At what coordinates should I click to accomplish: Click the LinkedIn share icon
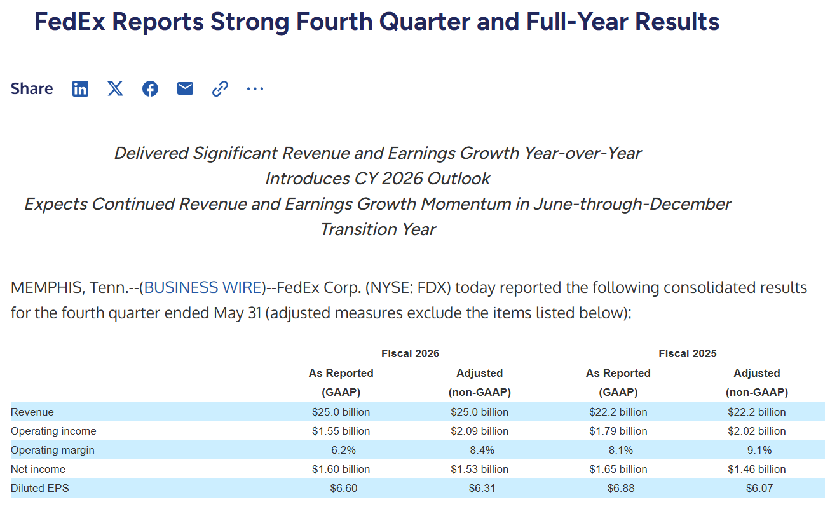(x=80, y=88)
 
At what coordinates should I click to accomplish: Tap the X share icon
(x=115, y=88)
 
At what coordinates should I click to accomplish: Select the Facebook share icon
(x=150, y=88)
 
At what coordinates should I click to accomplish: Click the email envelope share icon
(x=185, y=88)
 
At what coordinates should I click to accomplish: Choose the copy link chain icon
(x=220, y=88)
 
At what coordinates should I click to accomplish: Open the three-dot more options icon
(x=255, y=89)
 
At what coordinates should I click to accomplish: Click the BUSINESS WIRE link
(x=203, y=287)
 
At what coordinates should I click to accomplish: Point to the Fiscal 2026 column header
(x=411, y=353)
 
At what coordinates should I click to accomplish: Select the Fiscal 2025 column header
(x=688, y=353)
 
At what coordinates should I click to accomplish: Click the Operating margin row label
(x=52, y=451)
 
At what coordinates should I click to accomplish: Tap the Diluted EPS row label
(x=39, y=489)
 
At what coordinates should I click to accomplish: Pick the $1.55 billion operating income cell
(x=341, y=431)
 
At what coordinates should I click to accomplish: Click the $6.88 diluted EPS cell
(x=621, y=489)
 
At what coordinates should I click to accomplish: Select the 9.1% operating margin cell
(x=759, y=451)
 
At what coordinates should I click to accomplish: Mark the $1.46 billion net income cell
(x=757, y=470)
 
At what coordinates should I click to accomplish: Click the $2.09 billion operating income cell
(x=479, y=431)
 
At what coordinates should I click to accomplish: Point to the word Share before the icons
(x=32, y=88)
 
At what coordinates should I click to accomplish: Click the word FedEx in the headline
(x=70, y=22)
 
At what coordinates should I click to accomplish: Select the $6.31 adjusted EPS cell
(x=482, y=489)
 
